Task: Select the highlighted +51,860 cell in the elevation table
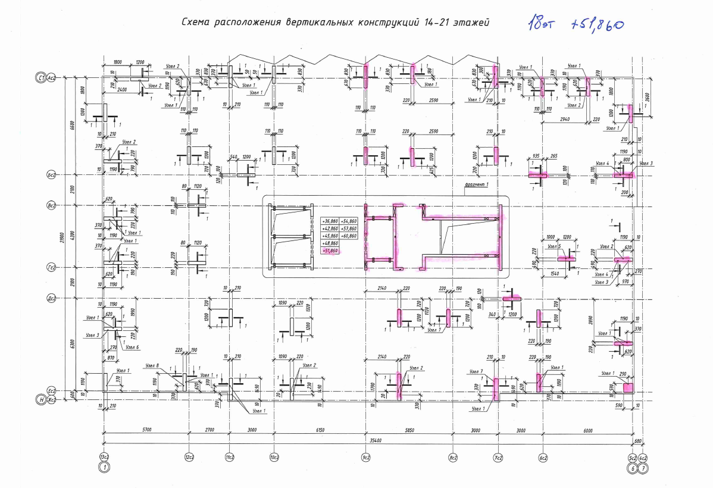(329, 251)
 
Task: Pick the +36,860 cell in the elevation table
(329, 220)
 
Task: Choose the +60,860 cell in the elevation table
(349, 236)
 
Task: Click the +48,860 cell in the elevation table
(329, 243)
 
